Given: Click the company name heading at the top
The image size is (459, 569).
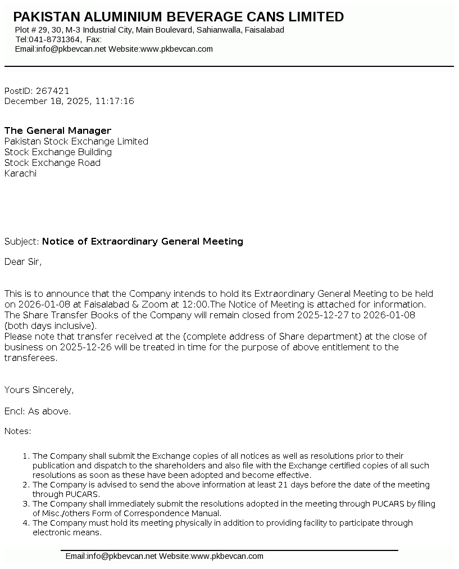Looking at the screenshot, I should click(178, 17).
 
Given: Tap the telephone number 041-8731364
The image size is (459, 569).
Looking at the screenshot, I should click(55, 39).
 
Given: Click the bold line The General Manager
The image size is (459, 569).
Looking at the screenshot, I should click(58, 130).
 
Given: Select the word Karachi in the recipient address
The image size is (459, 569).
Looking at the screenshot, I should click(20, 173).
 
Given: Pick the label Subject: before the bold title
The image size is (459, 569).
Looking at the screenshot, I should click(22, 241).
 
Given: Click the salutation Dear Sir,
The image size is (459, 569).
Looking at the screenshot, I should click(23, 261).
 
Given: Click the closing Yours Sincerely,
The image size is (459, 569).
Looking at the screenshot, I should click(39, 390).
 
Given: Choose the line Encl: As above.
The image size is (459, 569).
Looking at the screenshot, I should click(38, 411).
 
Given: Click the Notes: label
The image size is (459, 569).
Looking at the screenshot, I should click(18, 431).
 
